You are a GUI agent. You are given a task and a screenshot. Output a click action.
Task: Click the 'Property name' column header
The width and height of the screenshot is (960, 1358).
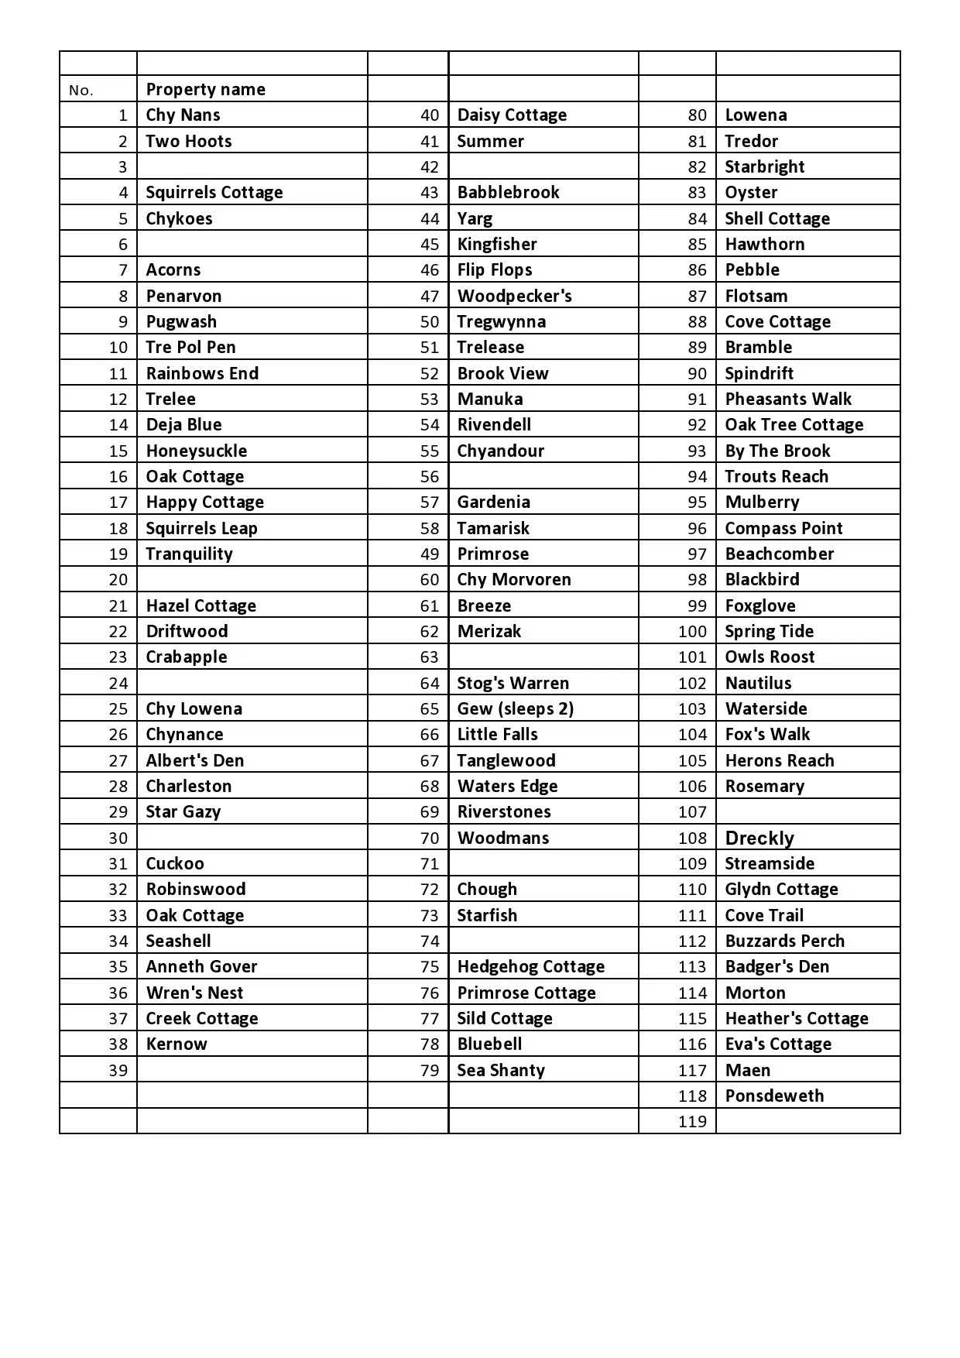pyautogui.click(x=205, y=89)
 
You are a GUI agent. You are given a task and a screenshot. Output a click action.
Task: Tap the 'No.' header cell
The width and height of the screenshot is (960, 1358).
pyautogui.click(x=81, y=90)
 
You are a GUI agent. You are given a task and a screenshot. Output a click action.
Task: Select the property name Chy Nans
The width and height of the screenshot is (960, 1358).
pyautogui.click(x=183, y=115)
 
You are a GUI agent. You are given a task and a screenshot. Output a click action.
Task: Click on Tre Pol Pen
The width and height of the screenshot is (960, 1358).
pyautogui.click(x=190, y=347)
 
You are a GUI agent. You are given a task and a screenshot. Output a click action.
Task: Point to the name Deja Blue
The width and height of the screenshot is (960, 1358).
pyautogui.click(x=183, y=424)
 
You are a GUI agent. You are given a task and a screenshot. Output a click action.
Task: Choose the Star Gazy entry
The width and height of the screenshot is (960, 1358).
pyautogui.click(x=183, y=811)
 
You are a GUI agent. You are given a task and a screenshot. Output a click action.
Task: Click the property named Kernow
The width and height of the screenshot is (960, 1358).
pyautogui.click(x=177, y=1044)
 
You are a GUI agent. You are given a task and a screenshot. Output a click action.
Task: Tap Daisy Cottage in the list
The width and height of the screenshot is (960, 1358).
pyautogui.click(x=512, y=115)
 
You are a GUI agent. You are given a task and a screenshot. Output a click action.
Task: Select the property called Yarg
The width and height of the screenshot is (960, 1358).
pyautogui.click(x=475, y=218)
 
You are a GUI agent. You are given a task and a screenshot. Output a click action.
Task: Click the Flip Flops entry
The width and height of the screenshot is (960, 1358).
pyautogui.click(x=495, y=269)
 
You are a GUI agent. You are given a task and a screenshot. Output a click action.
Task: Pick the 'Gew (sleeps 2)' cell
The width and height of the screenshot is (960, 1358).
pyautogui.click(x=515, y=708)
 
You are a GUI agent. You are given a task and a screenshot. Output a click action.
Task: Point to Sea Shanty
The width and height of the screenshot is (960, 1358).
pyautogui.click(x=501, y=1070)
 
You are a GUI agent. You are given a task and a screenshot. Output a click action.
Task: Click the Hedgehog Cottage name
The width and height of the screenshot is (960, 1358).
pyautogui.click(x=530, y=966)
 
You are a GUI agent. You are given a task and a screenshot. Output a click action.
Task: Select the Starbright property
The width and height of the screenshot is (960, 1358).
pyautogui.click(x=764, y=166)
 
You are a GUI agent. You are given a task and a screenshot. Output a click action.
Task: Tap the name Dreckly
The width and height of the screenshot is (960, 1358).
pyautogui.click(x=759, y=838)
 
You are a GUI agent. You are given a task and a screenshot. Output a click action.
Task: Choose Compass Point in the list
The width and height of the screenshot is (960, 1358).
pyautogui.click(x=783, y=528)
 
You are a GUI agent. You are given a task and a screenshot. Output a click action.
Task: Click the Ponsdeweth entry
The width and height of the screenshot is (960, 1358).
pyautogui.click(x=774, y=1096)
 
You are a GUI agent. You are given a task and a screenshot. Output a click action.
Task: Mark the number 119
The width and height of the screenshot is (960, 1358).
pyautogui.click(x=692, y=1121)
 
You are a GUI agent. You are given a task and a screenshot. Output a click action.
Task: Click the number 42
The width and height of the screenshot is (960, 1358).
pyautogui.click(x=430, y=166)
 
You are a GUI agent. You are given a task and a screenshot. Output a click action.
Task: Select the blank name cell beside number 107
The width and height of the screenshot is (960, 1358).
pyautogui.click(x=807, y=811)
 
